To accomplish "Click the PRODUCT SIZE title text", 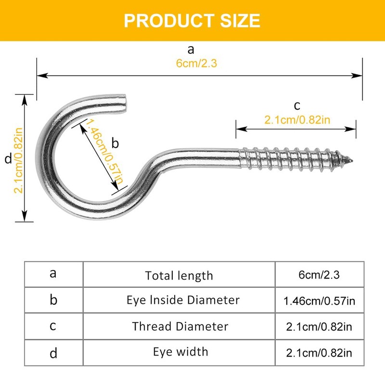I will tap(192, 21).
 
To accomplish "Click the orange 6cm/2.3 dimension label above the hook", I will tap(196, 64).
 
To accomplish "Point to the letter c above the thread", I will tap(297, 105).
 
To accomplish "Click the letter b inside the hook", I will tap(115, 143).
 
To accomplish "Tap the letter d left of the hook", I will tap(7, 159).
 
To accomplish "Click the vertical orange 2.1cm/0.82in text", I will tap(18, 159).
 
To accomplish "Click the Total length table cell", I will tap(179, 275).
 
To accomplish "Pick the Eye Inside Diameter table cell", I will tap(183, 300).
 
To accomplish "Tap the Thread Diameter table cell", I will tap(180, 326).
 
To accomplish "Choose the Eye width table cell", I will tap(180, 352).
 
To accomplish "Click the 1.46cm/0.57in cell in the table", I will tap(320, 301).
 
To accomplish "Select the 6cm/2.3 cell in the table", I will tap(319, 275).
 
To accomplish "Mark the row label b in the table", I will tap(53, 300).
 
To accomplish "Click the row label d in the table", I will tap(53, 353).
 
